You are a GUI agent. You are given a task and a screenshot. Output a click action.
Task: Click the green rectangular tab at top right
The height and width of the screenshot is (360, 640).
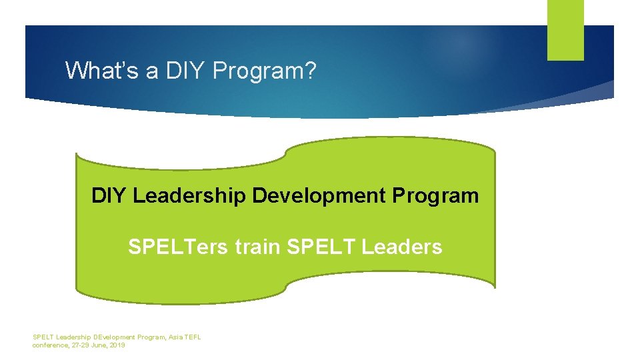[x=565, y=29]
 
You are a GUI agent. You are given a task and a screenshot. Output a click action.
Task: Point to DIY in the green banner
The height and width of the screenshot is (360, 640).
[x=109, y=196]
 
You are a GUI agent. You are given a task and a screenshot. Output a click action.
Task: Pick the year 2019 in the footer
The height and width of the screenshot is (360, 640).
[x=117, y=345]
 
